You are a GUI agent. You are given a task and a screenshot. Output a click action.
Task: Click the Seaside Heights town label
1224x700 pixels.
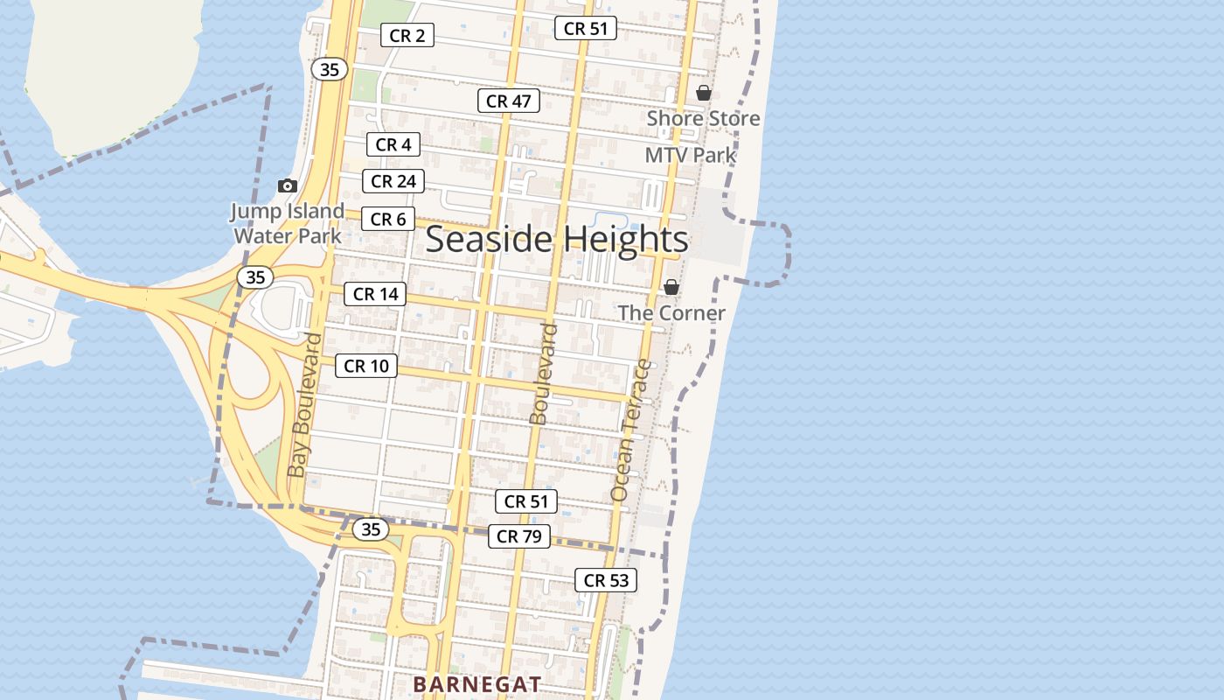pyautogui.click(x=557, y=240)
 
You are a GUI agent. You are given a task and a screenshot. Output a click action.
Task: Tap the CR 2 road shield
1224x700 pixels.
pyautogui.click(x=407, y=36)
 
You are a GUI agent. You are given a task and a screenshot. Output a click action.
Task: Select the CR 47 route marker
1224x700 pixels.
pyautogui.click(x=509, y=101)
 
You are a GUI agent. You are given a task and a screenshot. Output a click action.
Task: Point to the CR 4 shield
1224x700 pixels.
pyautogui.click(x=393, y=144)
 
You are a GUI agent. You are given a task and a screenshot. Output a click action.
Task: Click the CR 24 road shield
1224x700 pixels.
pyautogui.click(x=393, y=181)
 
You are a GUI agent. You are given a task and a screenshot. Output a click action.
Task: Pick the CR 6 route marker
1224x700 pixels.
pyautogui.click(x=388, y=219)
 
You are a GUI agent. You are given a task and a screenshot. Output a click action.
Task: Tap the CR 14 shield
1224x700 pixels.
pyautogui.click(x=376, y=294)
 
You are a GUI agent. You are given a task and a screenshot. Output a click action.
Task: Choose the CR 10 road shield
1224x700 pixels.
pyautogui.click(x=366, y=366)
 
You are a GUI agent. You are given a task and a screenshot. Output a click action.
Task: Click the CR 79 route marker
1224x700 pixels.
pyautogui.click(x=519, y=536)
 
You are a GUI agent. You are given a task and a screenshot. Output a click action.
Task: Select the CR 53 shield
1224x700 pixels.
pyautogui.click(x=606, y=580)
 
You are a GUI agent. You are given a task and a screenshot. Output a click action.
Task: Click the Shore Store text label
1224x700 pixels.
pyautogui.click(x=703, y=118)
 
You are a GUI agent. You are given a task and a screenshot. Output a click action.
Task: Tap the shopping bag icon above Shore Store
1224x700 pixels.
pyautogui.click(x=704, y=93)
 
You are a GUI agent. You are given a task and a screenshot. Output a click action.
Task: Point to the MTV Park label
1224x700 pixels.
pyautogui.click(x=690, y=156)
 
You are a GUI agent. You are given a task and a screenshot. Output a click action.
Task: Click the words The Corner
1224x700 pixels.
pyautogui.click(x=671, y=313)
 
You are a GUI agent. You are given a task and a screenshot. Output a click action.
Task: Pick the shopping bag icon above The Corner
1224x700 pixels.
pyautogui.click(x=671, y=287)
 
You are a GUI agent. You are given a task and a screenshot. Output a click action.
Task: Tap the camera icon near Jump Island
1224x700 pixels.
pyautogui.click(x=287, y=185)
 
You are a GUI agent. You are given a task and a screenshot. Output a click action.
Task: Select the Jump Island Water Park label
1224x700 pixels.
pyautogui.click(x=288, y=223)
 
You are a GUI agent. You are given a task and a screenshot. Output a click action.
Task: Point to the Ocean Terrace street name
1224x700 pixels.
pyautogui.click(x=630, y=430)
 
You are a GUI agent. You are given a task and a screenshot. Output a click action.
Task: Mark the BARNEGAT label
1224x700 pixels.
pyautogui.click(x=477, y=683)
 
